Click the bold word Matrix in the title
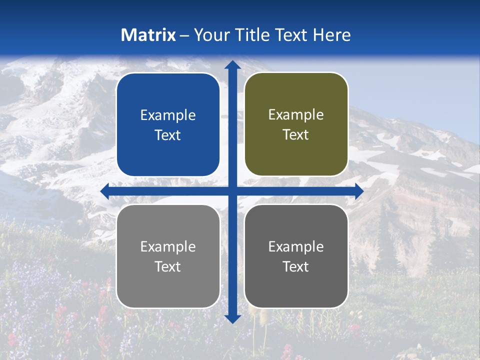(x=148, y=35)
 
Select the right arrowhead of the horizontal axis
(x=359, y=191)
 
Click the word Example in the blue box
(x=168, y=115)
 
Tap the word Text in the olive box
(x=296, y=135)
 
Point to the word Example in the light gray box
(x=168, y=247)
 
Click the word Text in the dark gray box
(x=296, y=266)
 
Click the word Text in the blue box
(x=168, y=135)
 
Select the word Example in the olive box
(x=296, y=115)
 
